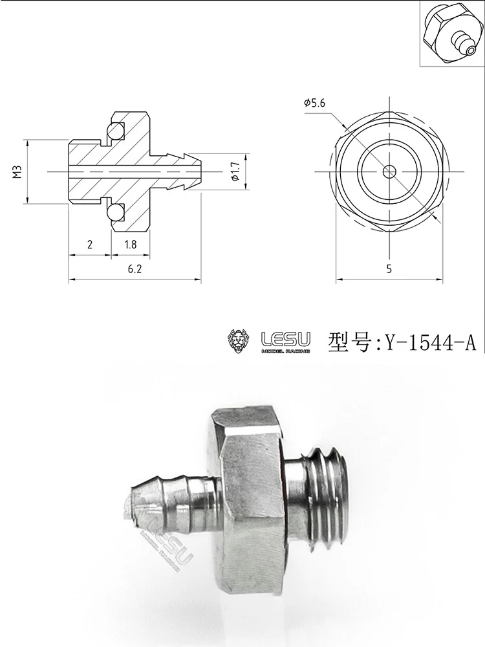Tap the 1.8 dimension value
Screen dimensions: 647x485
click(x=129, y=245)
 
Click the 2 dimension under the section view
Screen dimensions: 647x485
click(x=89, y=245)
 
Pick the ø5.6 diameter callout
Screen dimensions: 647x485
click(x=314, y=102)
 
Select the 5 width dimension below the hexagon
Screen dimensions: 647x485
click(x=389, y=270)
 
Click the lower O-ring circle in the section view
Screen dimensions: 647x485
click(x=116, y=212)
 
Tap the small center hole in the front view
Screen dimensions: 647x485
click(x=389, y=171)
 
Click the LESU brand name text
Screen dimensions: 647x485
click(x=285, y=338)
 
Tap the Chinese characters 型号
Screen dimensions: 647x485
click(x=350, y=341)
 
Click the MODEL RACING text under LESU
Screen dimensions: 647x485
click(x=285, y=351)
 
